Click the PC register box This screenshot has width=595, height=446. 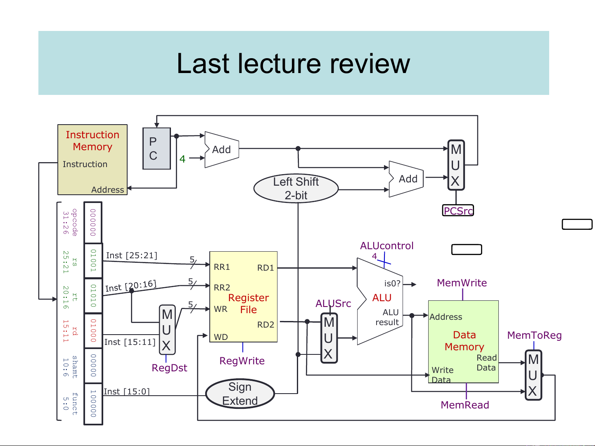pyautogui.click(x=156, y=149)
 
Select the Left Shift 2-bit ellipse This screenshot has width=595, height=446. pyautogui.click(x=296, y=188)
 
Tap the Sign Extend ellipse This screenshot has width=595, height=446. pyautogui.click(x=240, y=394)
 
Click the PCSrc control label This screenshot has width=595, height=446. pyautogui.click(x=458, y=211)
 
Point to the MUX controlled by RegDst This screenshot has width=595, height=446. pyautogui.click(x=167, y=330)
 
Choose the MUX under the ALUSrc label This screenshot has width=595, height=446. pyautogui.click(x=329, y=338)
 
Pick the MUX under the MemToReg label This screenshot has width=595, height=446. pyautogui.click(x=533, y=375)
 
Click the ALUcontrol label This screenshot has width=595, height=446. pyautogui.click(x=386, y=246)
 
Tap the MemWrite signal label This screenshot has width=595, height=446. pyautogui.click(x=462, y=283)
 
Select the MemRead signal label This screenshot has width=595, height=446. pyautogui.click(x=465, y=405)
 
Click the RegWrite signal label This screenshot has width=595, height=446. pyautogui.click(x=242, y=361)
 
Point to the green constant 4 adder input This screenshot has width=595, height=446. pyautogui.click(x=182, y=159)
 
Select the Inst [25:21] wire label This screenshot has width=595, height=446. pyautogui.click(x=131, y=255)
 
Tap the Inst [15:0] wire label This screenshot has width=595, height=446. pyautogui.click(x=126, y=392)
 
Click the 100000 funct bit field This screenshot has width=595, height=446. pyautogui.click(x=93, y=404)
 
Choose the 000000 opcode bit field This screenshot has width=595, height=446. pyautogui.click(x=93, y=222)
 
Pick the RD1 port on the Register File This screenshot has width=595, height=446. pyautogui.click(x=265, y=268)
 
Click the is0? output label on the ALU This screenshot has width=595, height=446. pyautogui.click(x=392, y=283)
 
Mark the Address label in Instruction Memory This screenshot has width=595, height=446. pyautogui.click(x=107, y=190)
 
